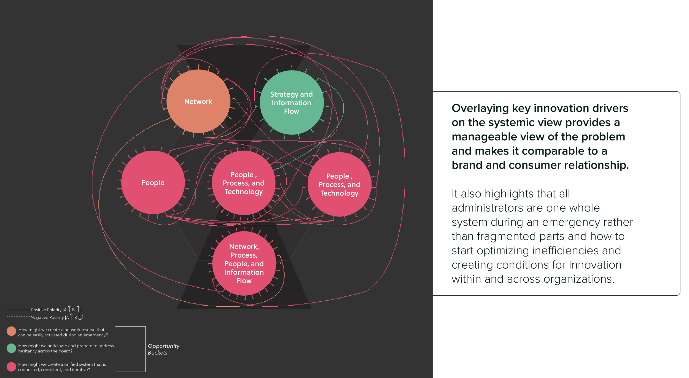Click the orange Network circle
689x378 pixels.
point(198,101)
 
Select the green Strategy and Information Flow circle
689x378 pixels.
point(292,102)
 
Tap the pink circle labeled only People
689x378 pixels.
point(153,182)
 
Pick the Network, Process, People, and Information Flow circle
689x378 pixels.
point(244,263)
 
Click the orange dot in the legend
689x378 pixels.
point(11,331)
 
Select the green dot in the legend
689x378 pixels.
point(11,348)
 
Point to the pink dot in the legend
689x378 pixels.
point(11,367)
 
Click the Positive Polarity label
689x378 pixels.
point(46,310)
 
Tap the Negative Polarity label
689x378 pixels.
point(47,317)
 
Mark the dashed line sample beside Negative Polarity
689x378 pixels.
point(18,317)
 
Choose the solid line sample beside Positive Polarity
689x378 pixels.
point(18,310)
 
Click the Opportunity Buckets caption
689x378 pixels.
point(163,349)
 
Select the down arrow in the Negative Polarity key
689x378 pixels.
point(80,317)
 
